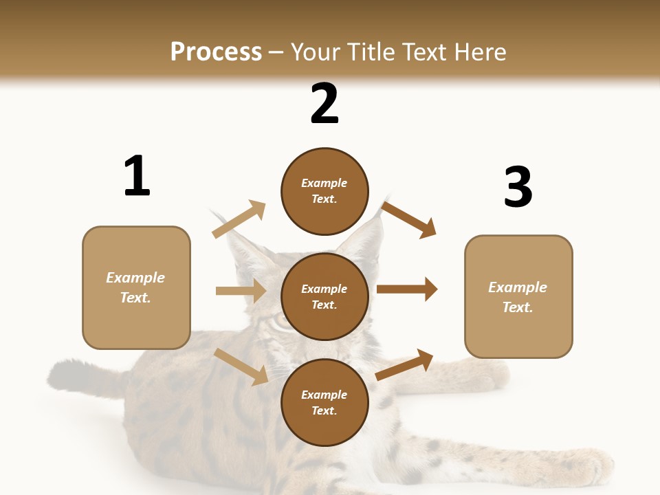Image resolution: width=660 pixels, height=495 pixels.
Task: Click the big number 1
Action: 137,177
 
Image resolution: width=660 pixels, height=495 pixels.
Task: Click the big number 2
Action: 324,104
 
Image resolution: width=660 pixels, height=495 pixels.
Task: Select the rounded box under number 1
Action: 136,287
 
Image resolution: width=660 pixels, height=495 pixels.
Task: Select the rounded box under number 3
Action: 518,296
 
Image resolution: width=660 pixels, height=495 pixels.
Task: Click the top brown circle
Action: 324,191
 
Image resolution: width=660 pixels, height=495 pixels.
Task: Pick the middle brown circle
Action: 324,296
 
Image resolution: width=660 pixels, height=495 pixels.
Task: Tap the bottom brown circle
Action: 324,402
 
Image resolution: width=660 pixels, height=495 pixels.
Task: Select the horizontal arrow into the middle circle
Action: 241,291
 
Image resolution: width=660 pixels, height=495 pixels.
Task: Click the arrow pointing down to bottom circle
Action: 241,366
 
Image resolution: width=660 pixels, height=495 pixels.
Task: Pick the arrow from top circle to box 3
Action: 409,219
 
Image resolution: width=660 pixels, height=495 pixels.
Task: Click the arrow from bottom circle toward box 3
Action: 405,364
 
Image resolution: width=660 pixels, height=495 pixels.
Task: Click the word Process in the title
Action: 216,52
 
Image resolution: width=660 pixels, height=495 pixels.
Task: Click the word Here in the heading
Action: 479,52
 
